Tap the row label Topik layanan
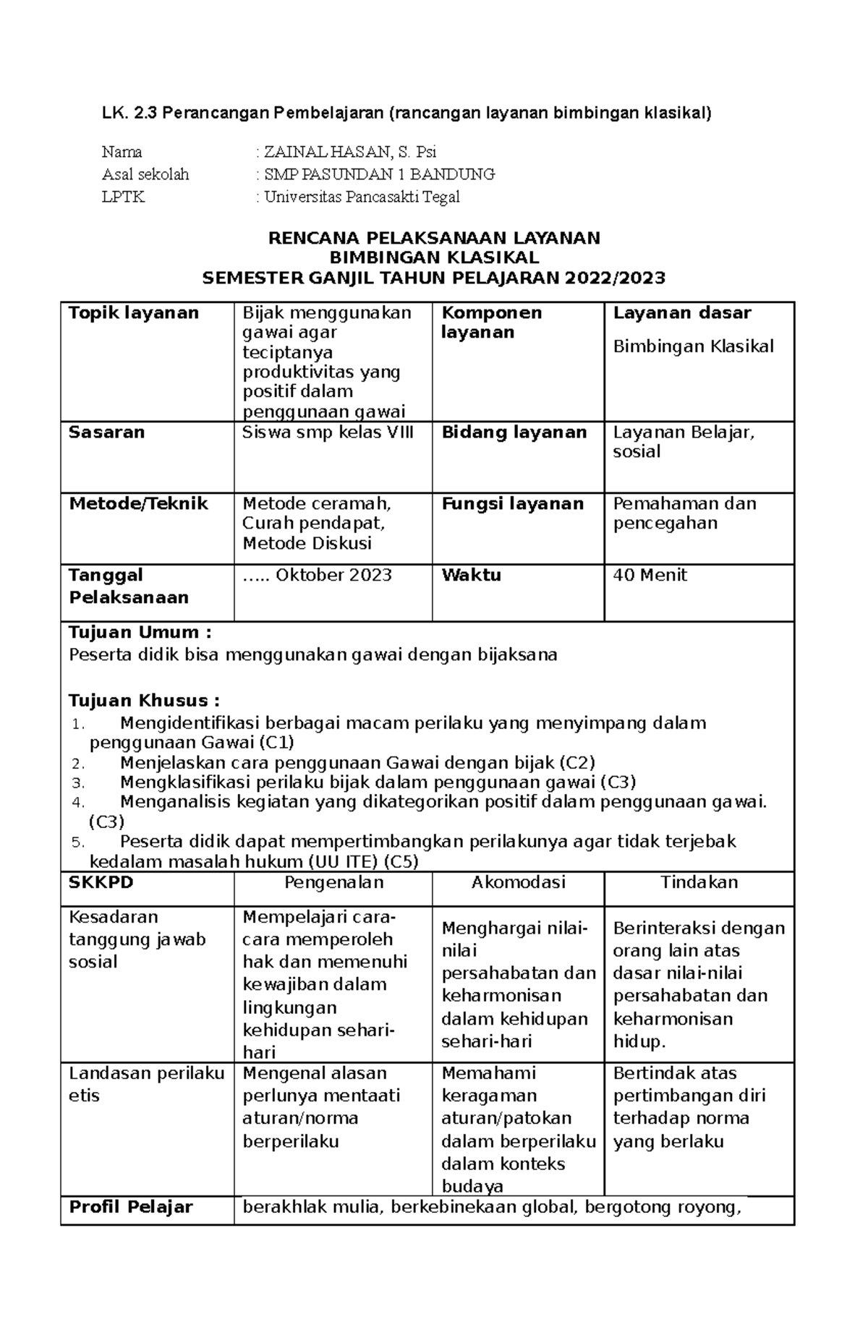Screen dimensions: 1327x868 tap(133, 313)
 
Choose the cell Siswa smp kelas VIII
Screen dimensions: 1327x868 tap(328, 432)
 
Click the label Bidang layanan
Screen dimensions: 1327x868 tap(514, 432)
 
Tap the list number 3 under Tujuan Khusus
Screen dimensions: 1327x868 tap(80, 783)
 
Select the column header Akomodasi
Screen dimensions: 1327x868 tap(518, 882)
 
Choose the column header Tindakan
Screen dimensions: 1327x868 tap(699, 882)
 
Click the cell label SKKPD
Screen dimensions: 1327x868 tap(101, 882)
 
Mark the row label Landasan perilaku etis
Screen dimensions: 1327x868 tap(146, 1084)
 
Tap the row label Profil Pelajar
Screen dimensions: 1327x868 tap(131, 1207)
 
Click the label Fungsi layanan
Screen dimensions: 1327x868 tap(512, 503)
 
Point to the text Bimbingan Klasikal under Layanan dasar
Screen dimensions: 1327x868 tap(693, 346)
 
